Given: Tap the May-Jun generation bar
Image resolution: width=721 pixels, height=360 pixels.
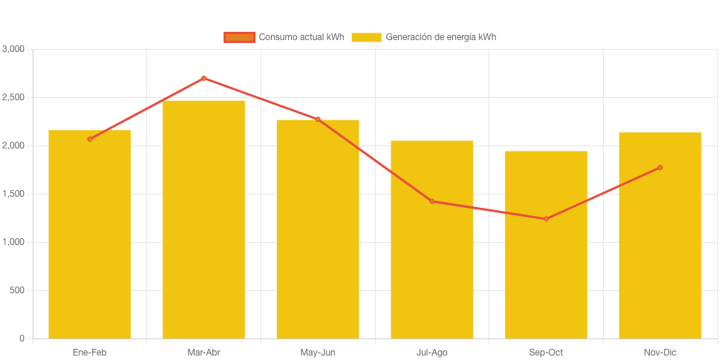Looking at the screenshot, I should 318,229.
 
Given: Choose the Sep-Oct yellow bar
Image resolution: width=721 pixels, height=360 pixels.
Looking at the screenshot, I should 546,245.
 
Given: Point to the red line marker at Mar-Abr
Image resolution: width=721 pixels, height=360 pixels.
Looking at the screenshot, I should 203,78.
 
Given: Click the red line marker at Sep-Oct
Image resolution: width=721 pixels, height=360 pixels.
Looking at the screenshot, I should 546,219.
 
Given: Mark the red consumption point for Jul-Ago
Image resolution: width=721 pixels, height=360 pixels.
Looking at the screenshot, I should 432,201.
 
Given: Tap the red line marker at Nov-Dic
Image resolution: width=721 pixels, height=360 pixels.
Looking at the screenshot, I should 660,168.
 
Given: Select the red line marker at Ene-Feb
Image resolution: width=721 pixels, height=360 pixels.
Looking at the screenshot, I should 90,139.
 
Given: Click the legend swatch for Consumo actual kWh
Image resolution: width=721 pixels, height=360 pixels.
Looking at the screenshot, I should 239,37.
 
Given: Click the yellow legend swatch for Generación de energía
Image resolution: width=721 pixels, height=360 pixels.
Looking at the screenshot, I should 366,37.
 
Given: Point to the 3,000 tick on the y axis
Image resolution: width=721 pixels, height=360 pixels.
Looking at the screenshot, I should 13,49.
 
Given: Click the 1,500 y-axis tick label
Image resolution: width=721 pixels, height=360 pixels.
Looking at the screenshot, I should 13,194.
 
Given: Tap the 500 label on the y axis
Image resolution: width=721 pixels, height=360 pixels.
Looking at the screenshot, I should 16,290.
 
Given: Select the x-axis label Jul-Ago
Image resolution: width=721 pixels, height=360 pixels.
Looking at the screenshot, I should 432,353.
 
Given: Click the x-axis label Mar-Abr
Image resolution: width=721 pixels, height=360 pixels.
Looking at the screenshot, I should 203,353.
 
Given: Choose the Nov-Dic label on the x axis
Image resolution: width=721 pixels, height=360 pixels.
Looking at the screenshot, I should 660,353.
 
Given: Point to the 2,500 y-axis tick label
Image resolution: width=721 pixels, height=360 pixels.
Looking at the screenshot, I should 13,97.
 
